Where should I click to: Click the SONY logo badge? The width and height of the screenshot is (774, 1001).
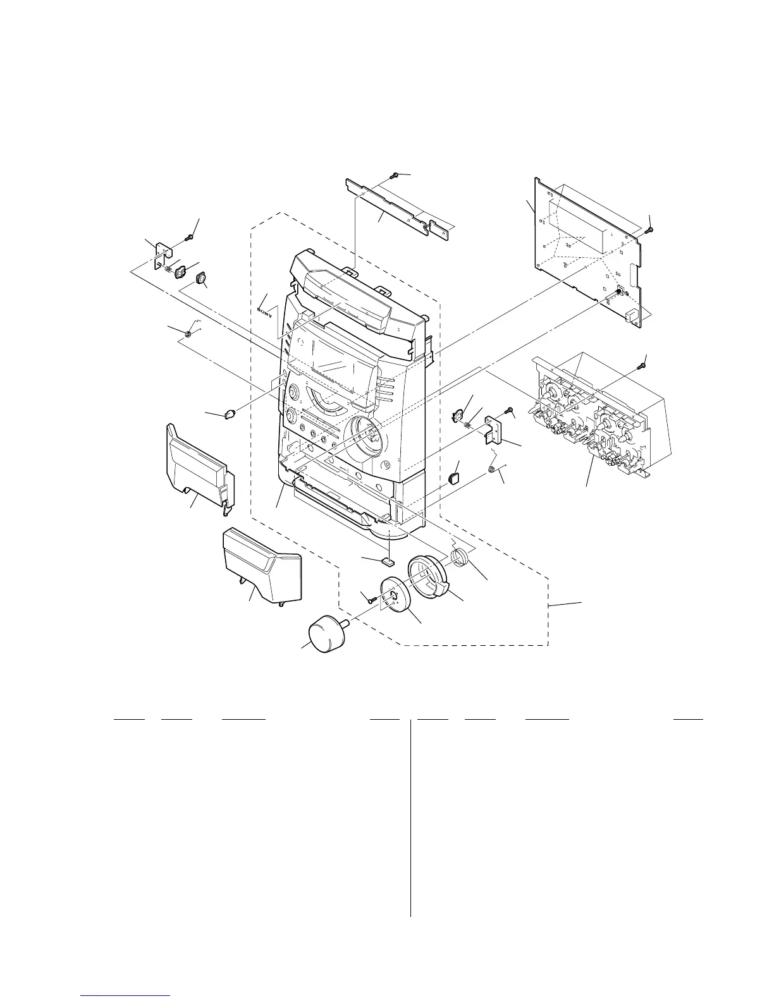pyautogui.click(x=267, y=310)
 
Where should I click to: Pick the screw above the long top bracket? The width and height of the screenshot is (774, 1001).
pyautogui.click(x=395, y=175)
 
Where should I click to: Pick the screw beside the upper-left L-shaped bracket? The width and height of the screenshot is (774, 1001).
pyautogui.click(x=189, y=237)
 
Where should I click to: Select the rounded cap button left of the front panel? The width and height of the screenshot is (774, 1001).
pyautogui.click(x=230, y=415)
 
